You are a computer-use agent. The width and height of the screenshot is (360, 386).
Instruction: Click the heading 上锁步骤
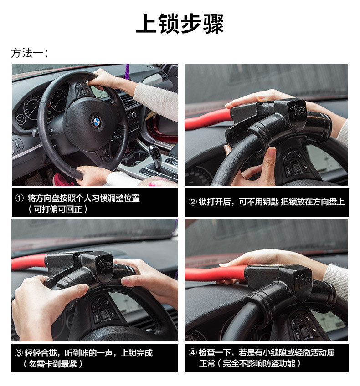(180, 23)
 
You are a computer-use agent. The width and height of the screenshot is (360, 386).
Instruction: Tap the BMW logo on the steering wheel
(96, 122)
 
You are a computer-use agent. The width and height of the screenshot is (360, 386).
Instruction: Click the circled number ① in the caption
(20, 198)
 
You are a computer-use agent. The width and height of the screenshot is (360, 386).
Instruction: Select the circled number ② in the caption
(192, 202)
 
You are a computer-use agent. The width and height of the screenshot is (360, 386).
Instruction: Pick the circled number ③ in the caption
(19, 353)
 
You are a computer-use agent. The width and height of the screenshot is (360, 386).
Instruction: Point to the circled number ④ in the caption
(192, 352)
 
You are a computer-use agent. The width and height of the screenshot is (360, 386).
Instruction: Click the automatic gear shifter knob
(155, 152)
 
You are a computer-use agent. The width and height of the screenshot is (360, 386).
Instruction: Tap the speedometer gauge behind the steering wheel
(31, 108)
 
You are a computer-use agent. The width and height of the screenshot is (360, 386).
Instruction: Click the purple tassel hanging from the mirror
(127, 71)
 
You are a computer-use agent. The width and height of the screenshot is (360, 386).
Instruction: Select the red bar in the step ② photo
(208, 119)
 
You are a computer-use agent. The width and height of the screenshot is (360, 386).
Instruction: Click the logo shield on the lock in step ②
(298, 115)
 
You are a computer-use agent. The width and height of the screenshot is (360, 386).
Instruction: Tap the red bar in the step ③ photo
(29, 261)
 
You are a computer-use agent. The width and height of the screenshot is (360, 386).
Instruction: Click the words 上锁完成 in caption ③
(137, 353)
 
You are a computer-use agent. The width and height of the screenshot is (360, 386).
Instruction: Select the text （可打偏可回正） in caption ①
(58, 209)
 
